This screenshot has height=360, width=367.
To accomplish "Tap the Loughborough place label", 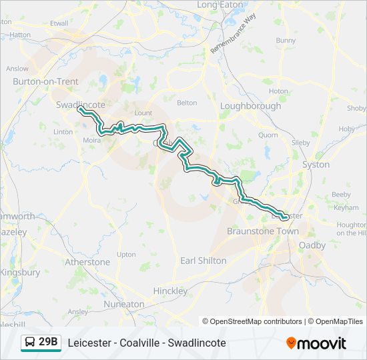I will coord(250,106).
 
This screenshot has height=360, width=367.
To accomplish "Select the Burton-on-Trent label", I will coord(45,81).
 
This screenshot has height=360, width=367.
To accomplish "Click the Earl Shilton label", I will coord(203,261).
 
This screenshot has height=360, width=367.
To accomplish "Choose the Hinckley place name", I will coord(171,291).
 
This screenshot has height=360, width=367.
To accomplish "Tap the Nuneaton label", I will coord(123,304).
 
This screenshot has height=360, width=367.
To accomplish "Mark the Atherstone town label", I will coord(87,262).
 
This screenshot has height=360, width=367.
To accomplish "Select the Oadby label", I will coord(312,245).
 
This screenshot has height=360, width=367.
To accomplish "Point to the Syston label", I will coord(316,164).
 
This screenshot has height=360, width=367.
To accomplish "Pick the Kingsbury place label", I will coord(20,273).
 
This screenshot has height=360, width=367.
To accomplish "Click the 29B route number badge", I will coord(48,342).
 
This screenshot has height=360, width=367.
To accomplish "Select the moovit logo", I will coord(317,343).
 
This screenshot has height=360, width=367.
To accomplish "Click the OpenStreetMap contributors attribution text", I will coord(252,321).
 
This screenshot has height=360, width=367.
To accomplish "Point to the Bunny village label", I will coord(286,41).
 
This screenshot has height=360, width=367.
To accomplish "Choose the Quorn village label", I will coord(268,135).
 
